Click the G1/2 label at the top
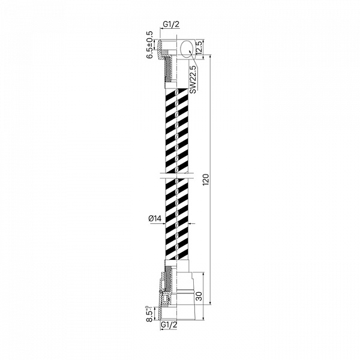click(x=171, y=24)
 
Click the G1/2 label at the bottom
click(x=169, y=325)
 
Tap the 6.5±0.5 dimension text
click(x=149, y=45)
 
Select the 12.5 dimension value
click(x=199, y=47)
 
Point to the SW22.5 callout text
click(x=193, y=79)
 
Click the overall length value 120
click(x=206, y=180)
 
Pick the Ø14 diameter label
click(x=155, y=218)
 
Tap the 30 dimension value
click(x=199, y=296)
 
